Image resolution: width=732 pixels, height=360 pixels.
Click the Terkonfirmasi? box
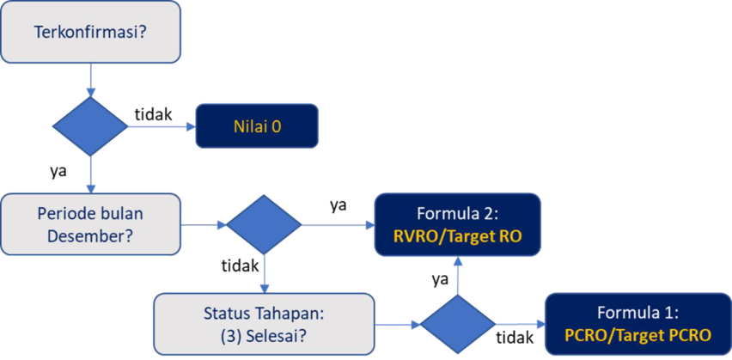coord(90,34)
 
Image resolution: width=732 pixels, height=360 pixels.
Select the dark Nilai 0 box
coord(258,126)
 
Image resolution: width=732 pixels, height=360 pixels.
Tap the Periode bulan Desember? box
coord(90,224)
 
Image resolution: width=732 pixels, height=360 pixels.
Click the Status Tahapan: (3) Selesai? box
coord(264,324)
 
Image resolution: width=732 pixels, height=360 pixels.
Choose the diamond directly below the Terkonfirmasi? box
coord(91,126)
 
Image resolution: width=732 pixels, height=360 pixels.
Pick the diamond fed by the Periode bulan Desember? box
coord(264,224)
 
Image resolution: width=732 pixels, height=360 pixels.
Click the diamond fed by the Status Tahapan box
coord(457,325)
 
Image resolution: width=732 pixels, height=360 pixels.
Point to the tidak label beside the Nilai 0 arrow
coord(154,113)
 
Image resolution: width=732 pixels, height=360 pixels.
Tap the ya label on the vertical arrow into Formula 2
coord(440,278)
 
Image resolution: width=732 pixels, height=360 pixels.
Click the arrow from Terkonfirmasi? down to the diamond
coord(91,81)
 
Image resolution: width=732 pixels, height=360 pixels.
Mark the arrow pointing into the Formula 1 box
coord(519,325)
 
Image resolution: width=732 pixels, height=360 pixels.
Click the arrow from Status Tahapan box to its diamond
coord(398,325)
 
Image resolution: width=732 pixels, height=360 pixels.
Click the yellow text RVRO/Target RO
coord(457,236)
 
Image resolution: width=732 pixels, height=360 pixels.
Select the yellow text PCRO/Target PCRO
coord(637,334)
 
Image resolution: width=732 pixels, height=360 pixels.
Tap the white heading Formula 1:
coord(637,313)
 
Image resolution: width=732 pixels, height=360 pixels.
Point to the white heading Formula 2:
coord(457,213)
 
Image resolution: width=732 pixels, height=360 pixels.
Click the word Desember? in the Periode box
coord(85,235)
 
